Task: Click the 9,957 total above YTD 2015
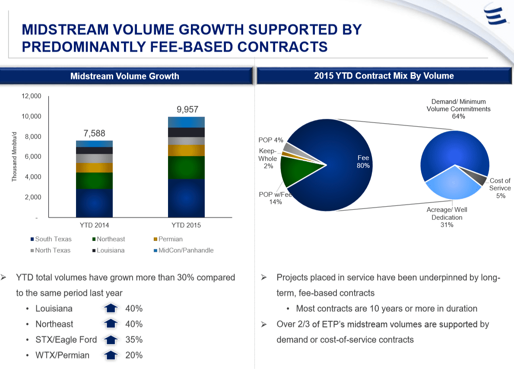187,109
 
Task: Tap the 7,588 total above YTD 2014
94,133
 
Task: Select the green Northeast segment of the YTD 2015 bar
186,167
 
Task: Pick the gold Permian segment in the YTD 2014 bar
94,168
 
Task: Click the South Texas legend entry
51,239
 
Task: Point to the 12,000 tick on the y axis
31,96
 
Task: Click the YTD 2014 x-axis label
94,225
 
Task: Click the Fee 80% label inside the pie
363,162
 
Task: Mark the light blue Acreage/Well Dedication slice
451,184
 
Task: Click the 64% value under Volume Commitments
458,116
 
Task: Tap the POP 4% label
271,140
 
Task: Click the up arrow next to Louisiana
111,308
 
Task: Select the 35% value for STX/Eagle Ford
134,340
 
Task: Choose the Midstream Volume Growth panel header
124,77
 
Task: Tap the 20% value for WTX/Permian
134,355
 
